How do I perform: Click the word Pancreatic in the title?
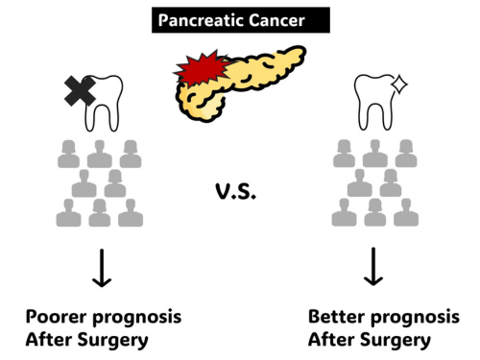202,21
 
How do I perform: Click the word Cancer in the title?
276,20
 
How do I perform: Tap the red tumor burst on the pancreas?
203,68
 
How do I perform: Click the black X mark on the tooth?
80,91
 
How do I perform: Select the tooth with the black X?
104,103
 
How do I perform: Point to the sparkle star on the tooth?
399,84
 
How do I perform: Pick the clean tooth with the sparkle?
373,102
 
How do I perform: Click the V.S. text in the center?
236,191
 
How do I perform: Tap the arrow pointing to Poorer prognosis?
102,268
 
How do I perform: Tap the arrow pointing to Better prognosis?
373,267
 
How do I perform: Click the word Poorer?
56,317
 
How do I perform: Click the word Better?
337,317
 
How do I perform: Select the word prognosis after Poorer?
137,319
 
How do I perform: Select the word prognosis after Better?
416,319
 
